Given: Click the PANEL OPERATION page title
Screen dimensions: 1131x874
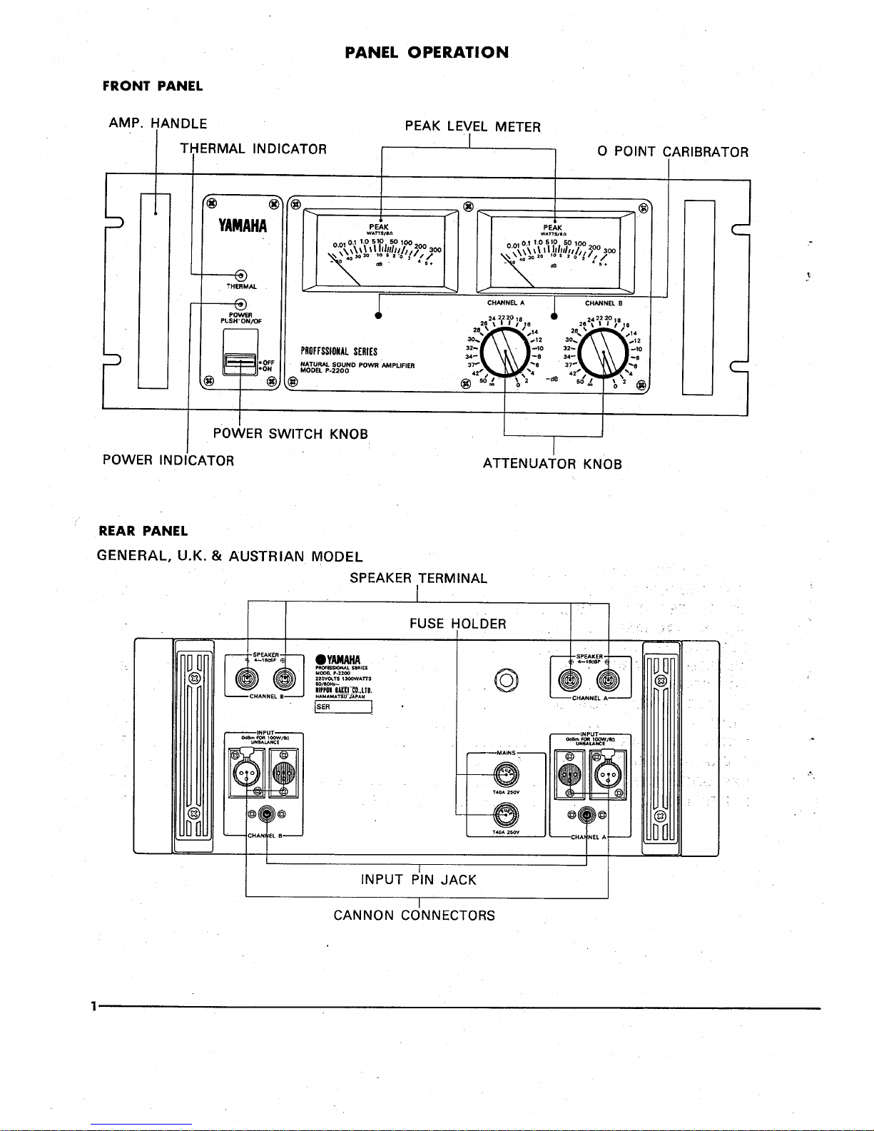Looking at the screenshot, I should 427,52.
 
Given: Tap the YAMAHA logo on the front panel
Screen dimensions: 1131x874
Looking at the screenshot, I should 243,226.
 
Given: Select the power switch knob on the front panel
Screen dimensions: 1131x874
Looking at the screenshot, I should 240,365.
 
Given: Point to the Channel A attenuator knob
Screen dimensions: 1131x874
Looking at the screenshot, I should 506,355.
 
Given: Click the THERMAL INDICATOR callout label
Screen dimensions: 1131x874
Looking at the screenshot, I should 253,149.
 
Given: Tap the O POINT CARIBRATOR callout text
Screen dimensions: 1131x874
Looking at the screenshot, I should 673,152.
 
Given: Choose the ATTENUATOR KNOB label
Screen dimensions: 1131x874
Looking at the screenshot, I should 552,464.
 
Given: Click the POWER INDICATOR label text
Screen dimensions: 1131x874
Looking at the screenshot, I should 168,460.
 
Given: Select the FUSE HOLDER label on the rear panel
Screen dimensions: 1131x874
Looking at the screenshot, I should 457,624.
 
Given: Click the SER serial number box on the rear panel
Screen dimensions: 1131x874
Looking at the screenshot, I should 343,707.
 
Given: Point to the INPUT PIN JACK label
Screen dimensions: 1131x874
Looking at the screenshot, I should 418,880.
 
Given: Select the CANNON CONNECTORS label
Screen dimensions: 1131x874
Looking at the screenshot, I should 414,915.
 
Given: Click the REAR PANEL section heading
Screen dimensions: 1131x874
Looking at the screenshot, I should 143,531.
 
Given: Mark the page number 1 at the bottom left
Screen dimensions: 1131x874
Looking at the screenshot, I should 93,1007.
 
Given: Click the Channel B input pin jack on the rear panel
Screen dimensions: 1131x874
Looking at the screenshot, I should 267,814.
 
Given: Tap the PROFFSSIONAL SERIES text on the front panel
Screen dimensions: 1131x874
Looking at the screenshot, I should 339,352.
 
